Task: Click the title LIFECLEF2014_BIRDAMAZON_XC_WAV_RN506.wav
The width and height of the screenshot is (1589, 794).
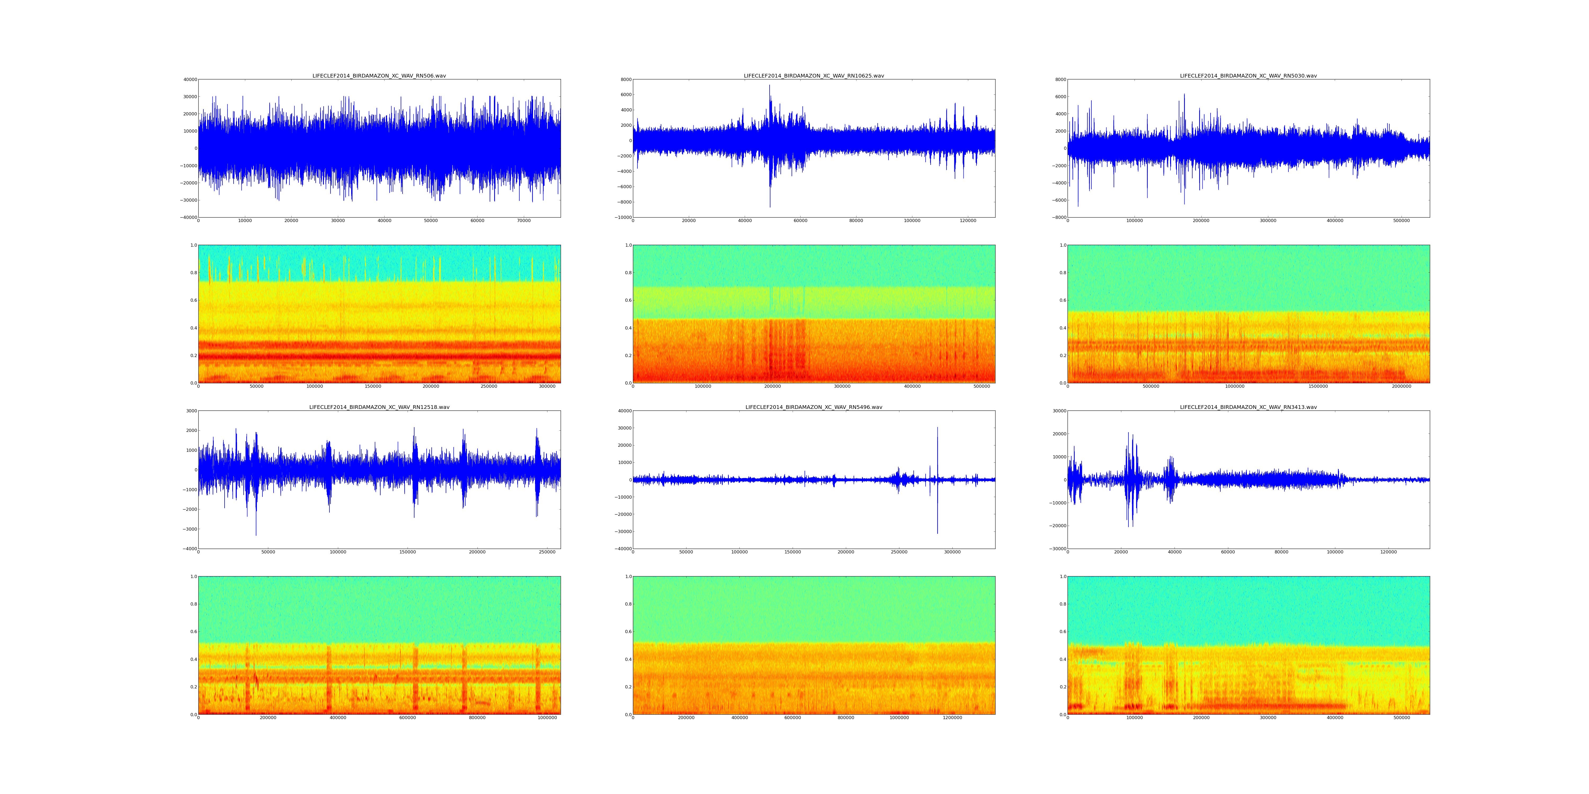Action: (379, 76)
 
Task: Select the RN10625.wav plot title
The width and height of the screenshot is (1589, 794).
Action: (814, 76)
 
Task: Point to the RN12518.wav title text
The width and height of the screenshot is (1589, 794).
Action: (379, 407)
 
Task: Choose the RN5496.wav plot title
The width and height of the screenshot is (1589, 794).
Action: (814, 407)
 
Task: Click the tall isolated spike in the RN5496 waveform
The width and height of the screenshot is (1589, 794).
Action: (937, 431)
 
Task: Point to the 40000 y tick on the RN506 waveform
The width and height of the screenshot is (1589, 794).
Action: (189, 79)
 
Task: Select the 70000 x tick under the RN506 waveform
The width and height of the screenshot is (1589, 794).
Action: (524, 221)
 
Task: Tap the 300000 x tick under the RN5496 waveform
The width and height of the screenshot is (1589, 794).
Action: (952, 552)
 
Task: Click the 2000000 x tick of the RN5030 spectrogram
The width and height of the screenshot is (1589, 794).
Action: (1401, 386)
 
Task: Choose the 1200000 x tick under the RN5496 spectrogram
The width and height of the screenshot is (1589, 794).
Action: (952, 718)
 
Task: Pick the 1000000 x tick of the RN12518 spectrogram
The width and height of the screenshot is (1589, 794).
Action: (547, 718)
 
